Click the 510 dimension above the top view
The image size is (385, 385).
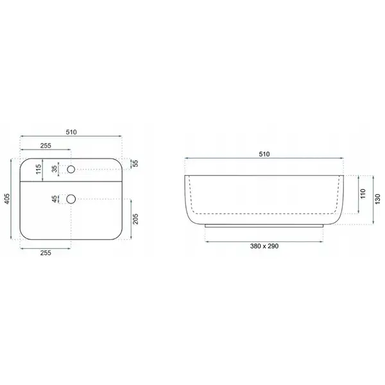(71, 132)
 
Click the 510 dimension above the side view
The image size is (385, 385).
(264, 154)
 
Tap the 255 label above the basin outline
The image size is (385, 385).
(46, 146)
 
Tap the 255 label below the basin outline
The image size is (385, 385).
(46, 253)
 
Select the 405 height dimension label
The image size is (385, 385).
(7, 199)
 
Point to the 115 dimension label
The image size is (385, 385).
(38, 169)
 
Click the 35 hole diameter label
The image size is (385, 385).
(55, 169)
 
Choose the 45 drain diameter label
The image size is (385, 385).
(55, 199)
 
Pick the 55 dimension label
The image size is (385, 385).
(135, 163)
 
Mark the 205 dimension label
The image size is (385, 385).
(135, 219)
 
